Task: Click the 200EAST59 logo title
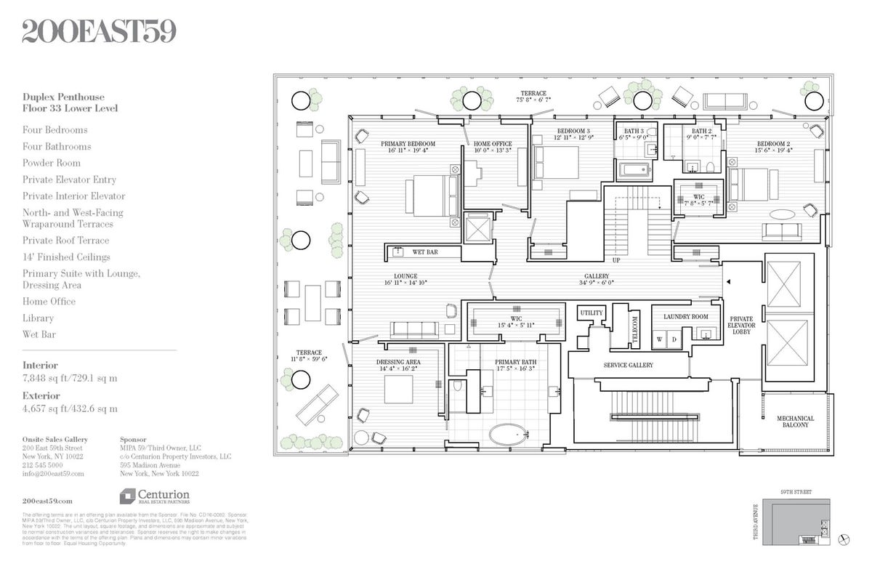click(99, 32)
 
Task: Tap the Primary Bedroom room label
click(408, 144)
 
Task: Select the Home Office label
click(493, 144)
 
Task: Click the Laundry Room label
click(685, 317)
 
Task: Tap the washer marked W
click(660, 339)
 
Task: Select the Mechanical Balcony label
click(795, 422)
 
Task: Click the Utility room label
click(592, 313)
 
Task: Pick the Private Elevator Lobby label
click(741, 326)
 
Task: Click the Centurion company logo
click(154, 496)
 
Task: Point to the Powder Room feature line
click(52, 163)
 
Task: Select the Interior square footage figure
click(69, 378)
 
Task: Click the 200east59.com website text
click(47, 501)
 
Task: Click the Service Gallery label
click(628, 366)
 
